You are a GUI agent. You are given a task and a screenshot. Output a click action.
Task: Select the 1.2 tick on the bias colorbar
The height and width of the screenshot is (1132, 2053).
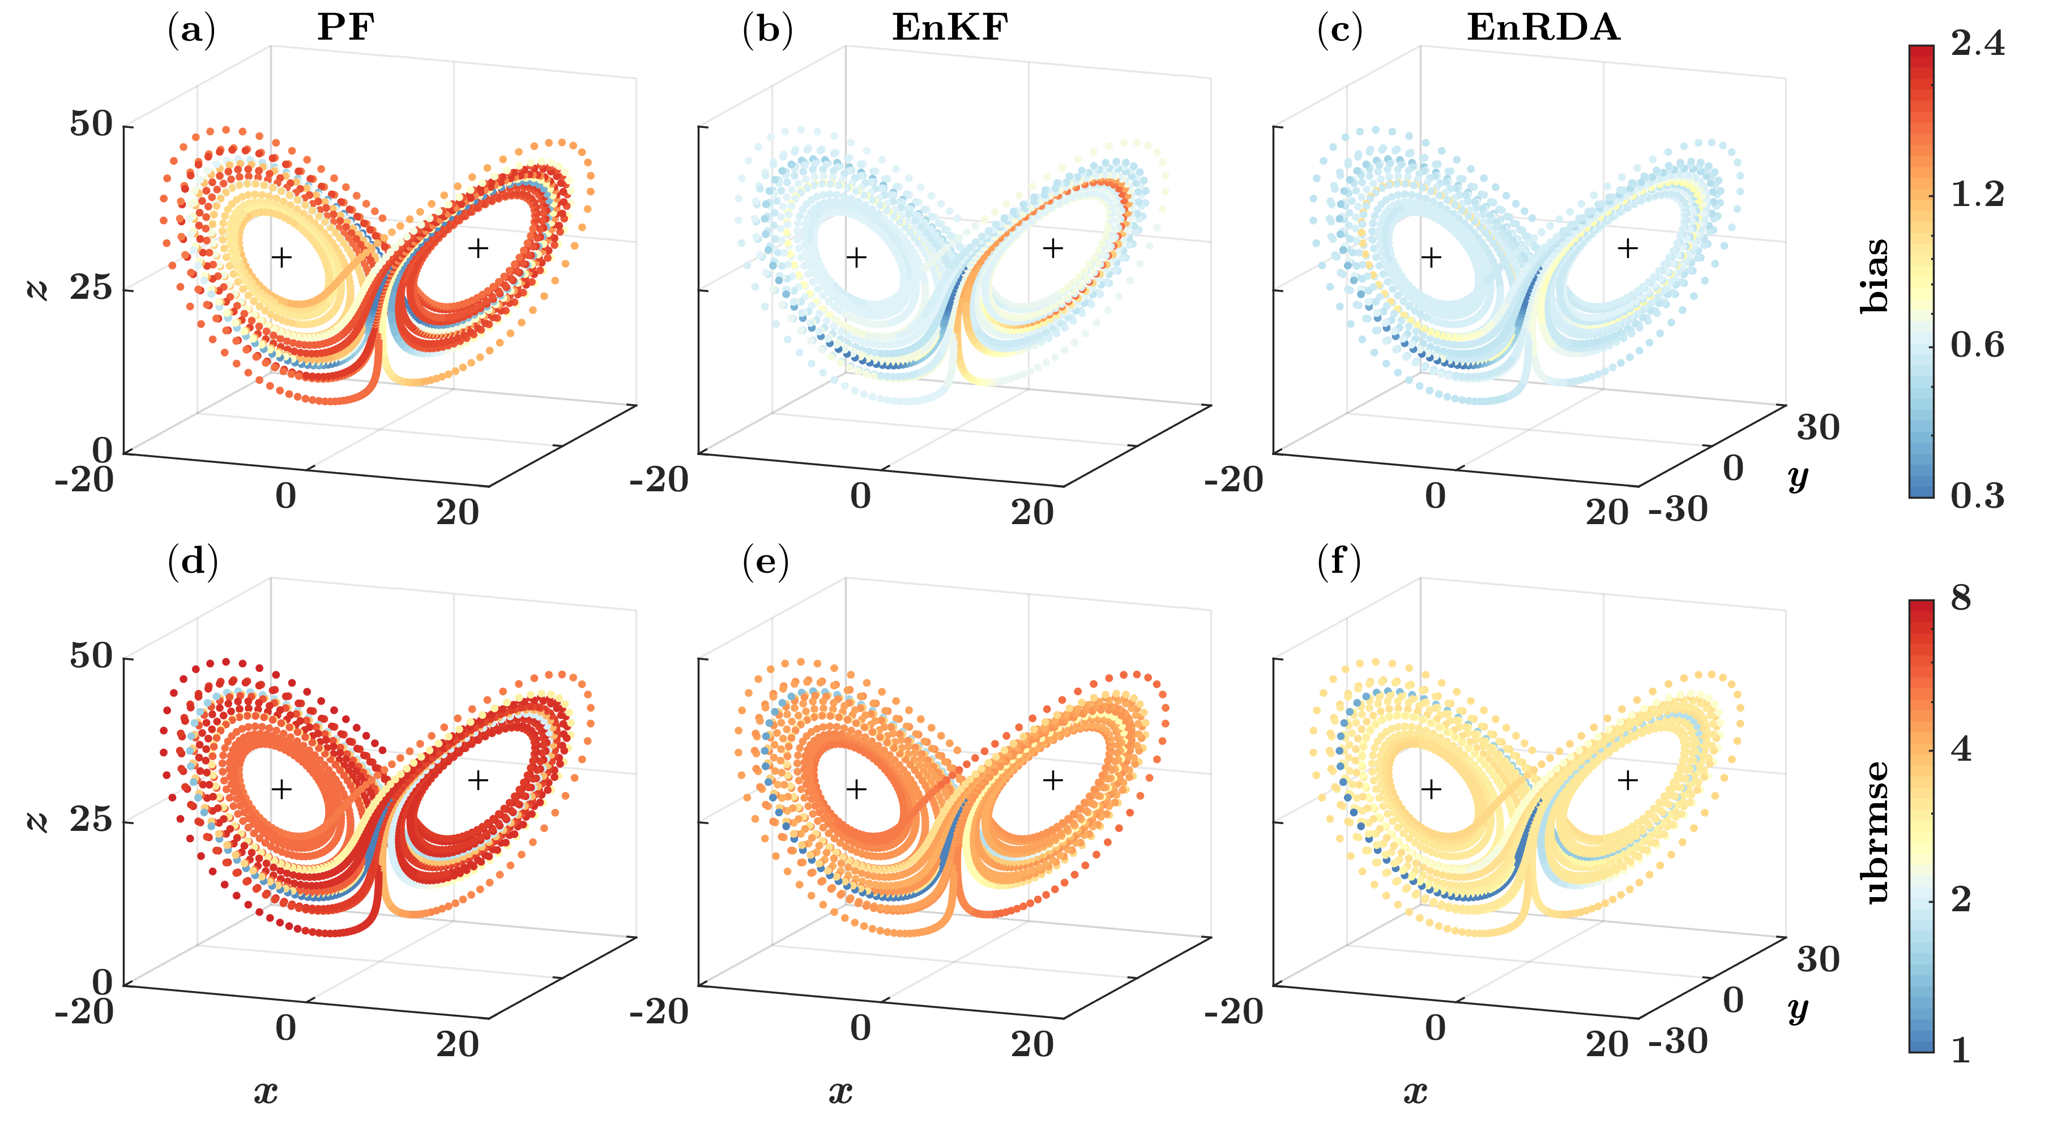pyautogui.click(x=1977, y=194)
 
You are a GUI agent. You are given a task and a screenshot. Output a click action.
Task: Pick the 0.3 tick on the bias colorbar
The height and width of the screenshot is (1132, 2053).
pyautogui.click(x=1977, y=495)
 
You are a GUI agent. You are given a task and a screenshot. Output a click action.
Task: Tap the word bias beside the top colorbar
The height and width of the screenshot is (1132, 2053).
pyautogui.click(x=1875, y=275)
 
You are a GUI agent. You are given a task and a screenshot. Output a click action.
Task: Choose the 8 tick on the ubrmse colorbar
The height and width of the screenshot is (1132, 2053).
pyautogui.click(x=1961, y=598)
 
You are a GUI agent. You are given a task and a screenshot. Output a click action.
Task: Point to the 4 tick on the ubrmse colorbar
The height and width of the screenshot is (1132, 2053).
pyautogui.click(x=1961, y=749)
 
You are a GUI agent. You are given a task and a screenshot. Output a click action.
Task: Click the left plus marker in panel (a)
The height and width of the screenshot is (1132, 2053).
pyautogui.click(x=281, y=258)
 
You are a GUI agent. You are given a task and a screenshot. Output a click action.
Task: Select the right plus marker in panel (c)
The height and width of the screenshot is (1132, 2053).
pyautogui.click(x=1628, y=248)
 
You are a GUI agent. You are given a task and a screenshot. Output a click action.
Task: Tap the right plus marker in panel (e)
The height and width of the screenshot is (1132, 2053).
pyautogui.click(x=1053, y=780)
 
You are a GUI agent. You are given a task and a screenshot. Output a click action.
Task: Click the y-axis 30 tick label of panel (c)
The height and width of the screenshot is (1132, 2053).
pyautogui.click(x=1818, y=428)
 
